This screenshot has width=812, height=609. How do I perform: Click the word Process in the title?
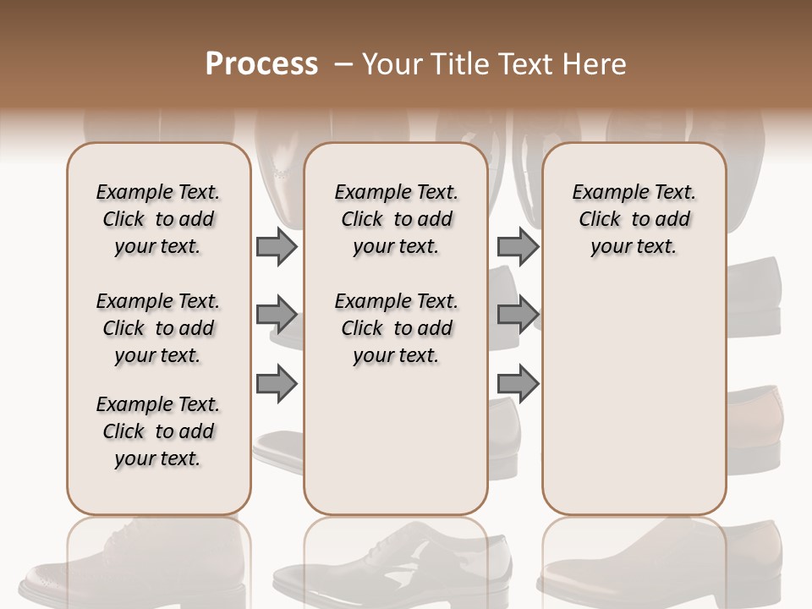[261, 64]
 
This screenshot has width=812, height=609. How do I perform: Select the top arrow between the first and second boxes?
[277, 246]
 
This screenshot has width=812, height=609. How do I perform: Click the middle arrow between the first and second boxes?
[277, 315]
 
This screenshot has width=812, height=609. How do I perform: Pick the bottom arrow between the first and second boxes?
[277, 383]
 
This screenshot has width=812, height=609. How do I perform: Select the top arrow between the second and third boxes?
[517, 246]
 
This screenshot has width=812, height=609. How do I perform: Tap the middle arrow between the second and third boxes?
[517, 315]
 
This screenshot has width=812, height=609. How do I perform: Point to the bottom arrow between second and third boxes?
[517, 383]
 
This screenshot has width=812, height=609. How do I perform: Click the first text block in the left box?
[158, 219]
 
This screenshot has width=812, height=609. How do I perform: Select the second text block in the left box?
[158, 328]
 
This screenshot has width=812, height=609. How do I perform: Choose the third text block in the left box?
[158, 431]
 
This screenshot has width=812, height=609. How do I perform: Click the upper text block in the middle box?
[396, 219]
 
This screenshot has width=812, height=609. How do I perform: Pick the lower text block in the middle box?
[396, 328]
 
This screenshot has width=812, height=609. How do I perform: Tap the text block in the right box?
[634, 219]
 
